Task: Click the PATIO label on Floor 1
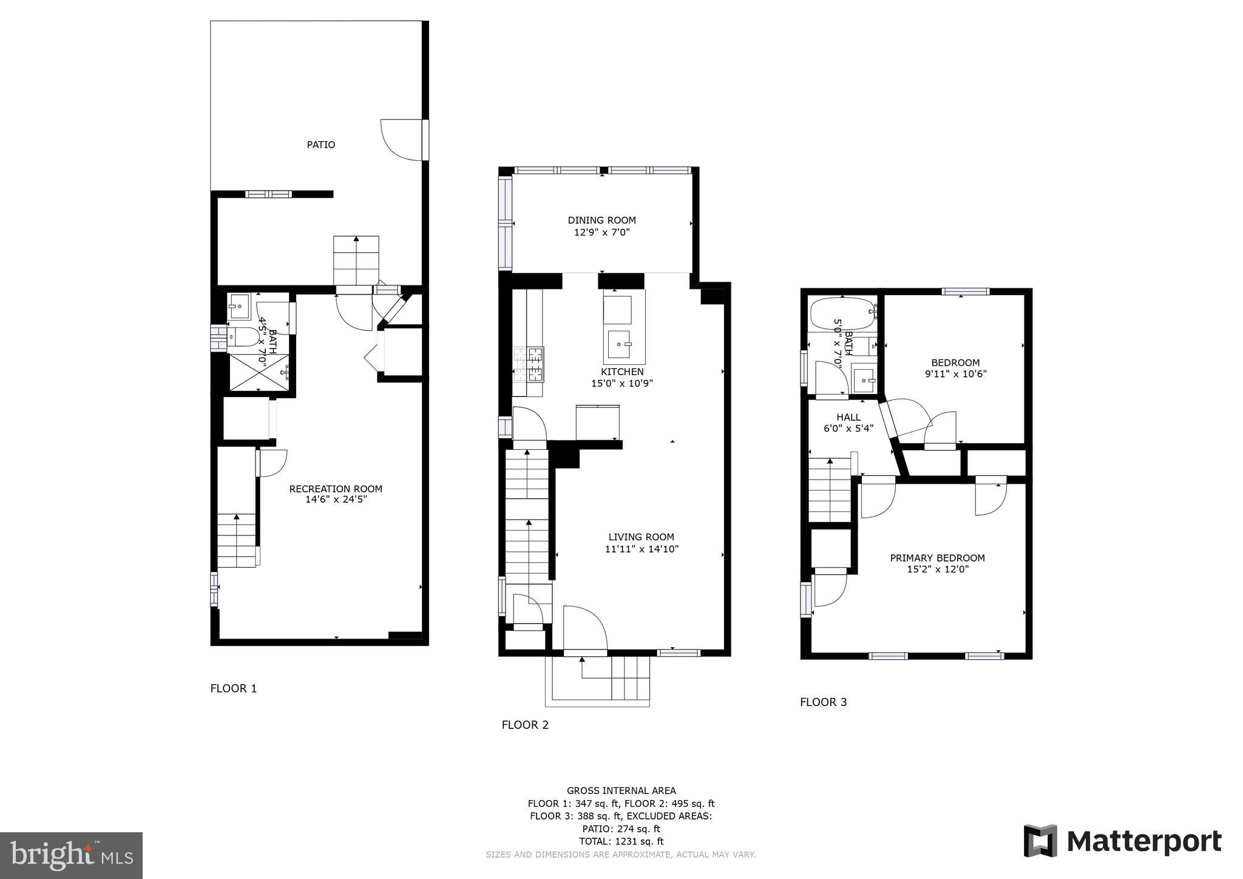click(x=320, y=144)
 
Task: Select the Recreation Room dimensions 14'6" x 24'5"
click(x=336, y=500)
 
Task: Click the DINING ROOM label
click(x=601, y=220)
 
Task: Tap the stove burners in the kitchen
click(x=529, y=364)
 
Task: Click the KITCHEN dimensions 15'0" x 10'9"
click(x=621, y=384)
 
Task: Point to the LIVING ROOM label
click(x=641, y=537)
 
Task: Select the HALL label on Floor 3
click(x=848, y=418)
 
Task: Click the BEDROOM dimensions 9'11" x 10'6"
click(x=955, y=375)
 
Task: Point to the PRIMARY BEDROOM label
click(x=937, y=558)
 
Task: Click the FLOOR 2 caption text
click(x=524, y=725)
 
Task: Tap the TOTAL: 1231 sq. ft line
click(x=621, y=841)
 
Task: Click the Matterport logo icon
click(x=1040, y=841)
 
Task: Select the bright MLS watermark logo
click(x=71, y=855)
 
